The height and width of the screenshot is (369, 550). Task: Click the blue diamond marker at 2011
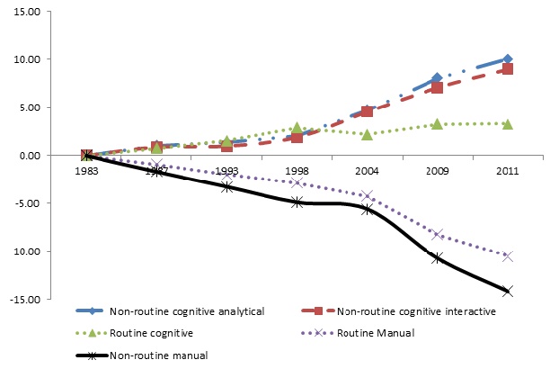point(508,59)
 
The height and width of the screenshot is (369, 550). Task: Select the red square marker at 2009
point(438,87)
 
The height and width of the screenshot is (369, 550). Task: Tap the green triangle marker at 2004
point(367,133)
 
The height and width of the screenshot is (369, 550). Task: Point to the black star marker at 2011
point(508,291)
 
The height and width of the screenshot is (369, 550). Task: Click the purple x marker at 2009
point(438,234)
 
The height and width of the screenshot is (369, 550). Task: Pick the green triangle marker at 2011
point(508,123)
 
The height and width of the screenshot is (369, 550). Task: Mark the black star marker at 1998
point(297,202)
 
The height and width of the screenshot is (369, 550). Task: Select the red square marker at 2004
point(367,112)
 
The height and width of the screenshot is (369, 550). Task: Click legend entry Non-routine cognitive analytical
point(186,312)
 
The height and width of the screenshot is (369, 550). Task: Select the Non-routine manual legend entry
point(159,355)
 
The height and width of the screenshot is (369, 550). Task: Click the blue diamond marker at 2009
point(438,78)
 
